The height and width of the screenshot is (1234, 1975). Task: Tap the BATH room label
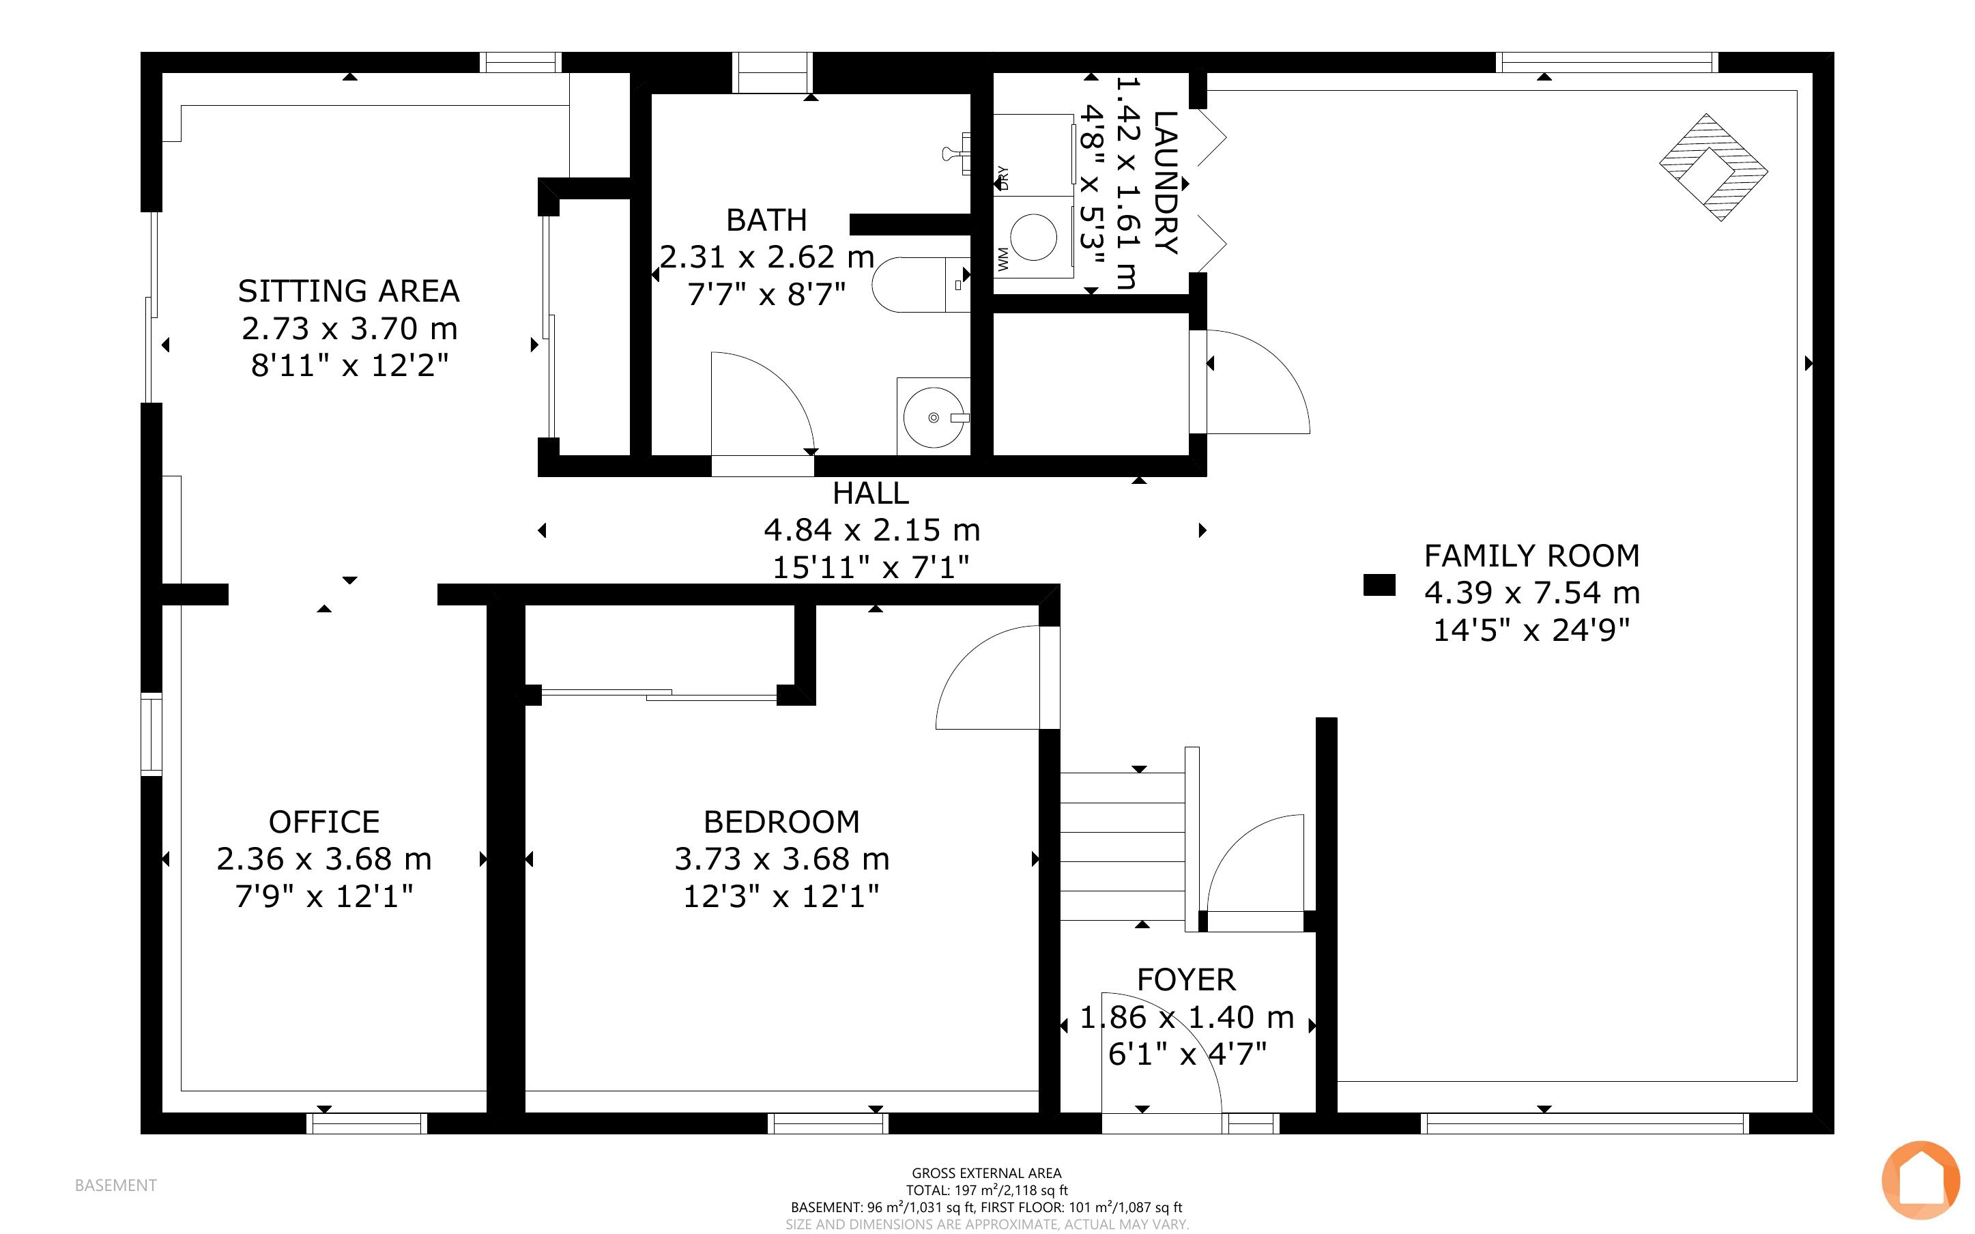coord(766,220)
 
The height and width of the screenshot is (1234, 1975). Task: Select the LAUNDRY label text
coord(1165,183)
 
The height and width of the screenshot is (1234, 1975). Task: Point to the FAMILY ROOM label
coord(1531,556)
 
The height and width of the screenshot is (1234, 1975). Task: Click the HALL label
coord(870,493)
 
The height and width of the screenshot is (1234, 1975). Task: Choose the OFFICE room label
coord(324,822)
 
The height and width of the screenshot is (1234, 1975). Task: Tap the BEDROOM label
coord(781,822)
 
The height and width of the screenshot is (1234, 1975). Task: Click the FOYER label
coord(1186,979)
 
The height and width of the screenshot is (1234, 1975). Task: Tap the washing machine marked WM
coord(1033,238)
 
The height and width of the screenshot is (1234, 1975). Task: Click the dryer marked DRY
coord(1033,155)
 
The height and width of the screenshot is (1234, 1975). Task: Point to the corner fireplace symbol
coord(1713,167)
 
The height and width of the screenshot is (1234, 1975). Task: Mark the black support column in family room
coord(1379,585)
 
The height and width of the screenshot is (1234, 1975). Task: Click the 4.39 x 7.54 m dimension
coord(1532,592)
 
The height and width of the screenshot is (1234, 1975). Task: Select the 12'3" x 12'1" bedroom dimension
coord(781,897)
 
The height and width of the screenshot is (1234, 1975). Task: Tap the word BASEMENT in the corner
coord(115,1185)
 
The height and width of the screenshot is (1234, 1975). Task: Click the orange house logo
coord(1920,1180)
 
